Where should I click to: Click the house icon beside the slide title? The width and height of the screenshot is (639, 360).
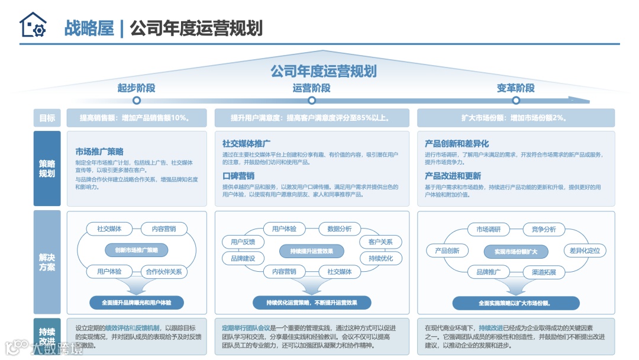click(33, 25)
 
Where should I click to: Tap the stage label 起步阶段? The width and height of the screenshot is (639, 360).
click(136, 88)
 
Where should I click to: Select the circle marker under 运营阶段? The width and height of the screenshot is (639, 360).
click(311, 101)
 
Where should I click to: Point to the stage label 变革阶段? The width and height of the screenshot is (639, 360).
click(515, 88)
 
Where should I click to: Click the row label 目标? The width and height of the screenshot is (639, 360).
click(47, 118)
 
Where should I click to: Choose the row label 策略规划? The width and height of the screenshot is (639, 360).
click(47, 168)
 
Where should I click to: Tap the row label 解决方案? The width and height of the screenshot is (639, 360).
click(47, 262)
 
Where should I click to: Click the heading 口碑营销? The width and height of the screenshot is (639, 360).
click(238, 176)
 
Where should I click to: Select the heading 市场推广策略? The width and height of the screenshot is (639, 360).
click(99, 152)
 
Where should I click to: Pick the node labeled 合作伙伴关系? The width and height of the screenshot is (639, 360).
click(164, 272)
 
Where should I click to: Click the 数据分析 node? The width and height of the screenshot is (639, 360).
click(340, 229)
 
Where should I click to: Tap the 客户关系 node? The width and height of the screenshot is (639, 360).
click(380, 242)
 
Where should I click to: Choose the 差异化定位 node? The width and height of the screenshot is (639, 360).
click(585, 250)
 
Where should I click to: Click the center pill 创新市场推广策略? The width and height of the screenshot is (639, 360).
click(137, 250)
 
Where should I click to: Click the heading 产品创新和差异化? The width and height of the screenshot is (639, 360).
click(457, 144)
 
